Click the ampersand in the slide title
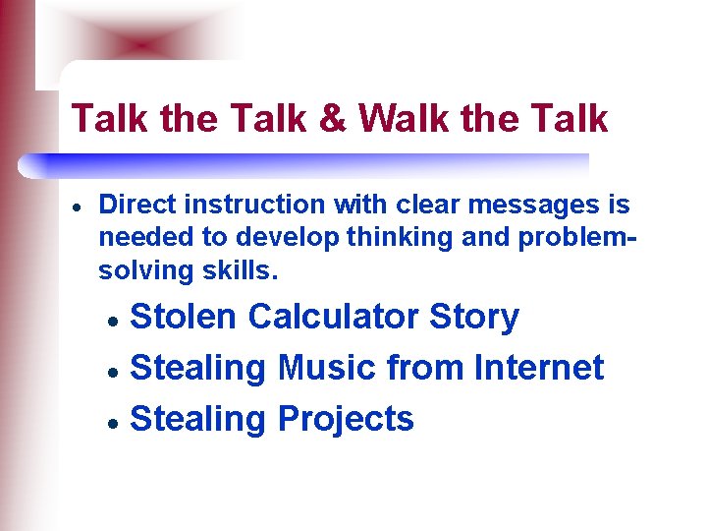click(x=332, y=119)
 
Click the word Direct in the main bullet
click(x=133, y=205)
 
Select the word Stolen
click(x=184, y=317)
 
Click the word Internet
click(x=539, y=368)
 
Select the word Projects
click(x=346, y=420)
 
